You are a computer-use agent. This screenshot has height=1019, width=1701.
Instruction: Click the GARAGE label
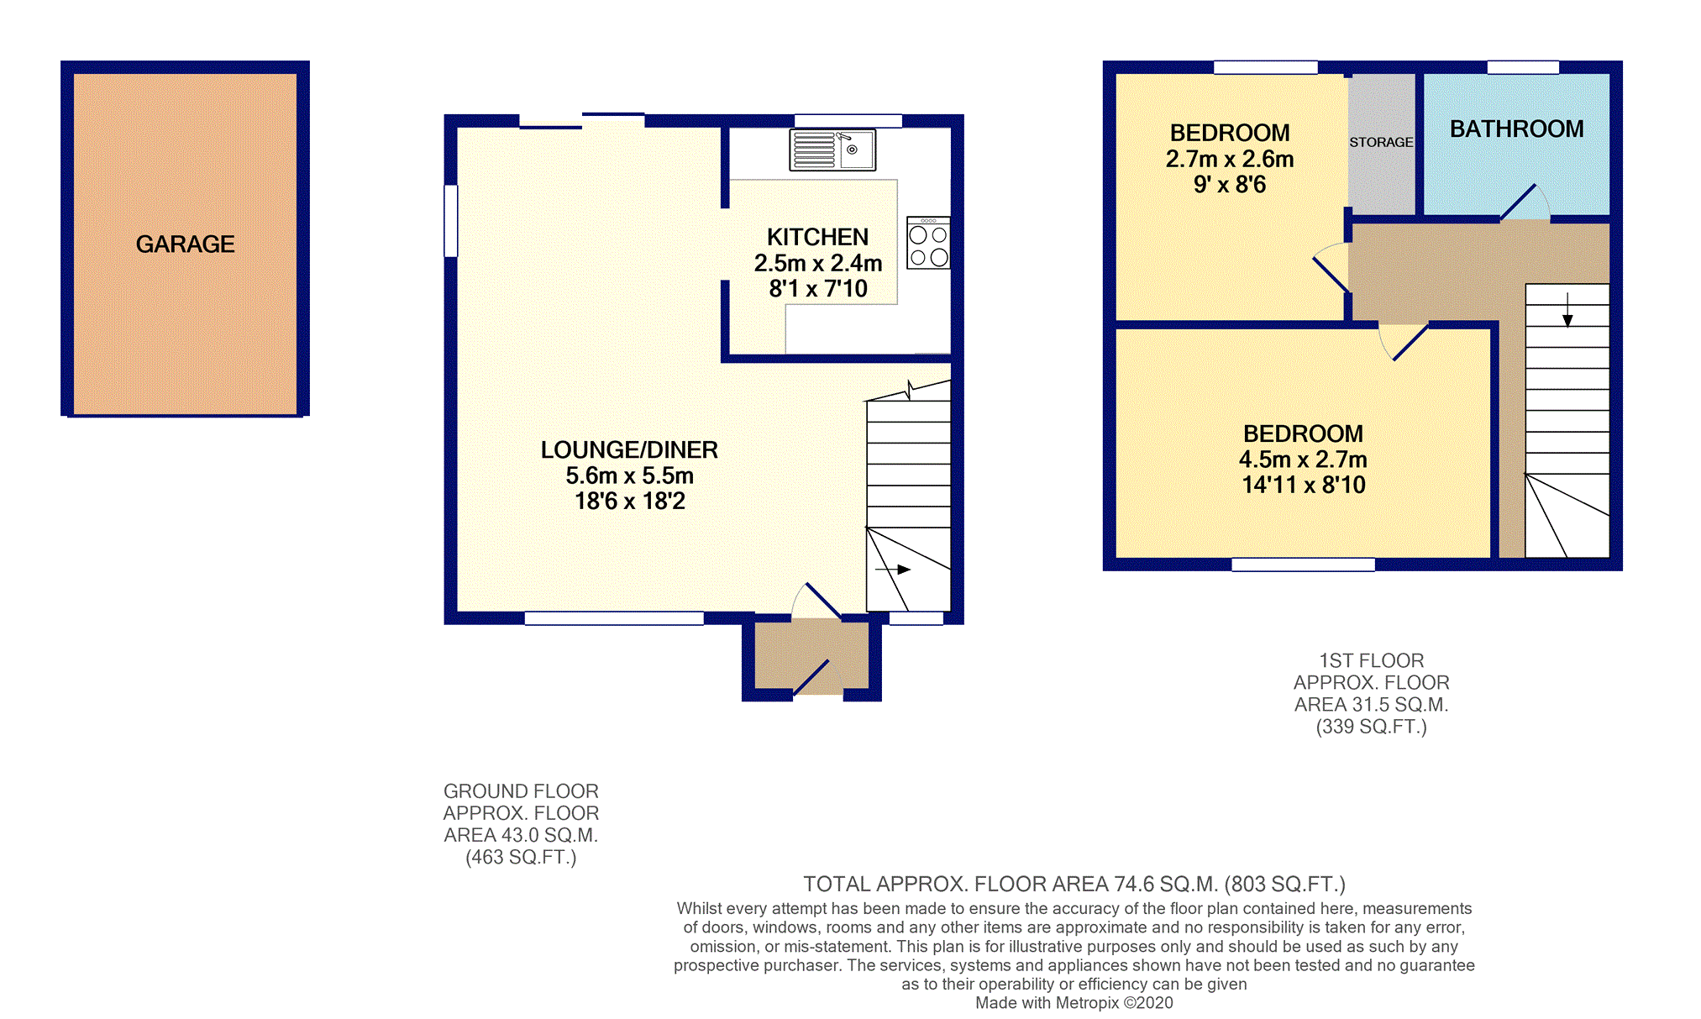click(x=185, y=244)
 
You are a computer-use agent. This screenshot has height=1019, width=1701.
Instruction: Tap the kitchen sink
click(x=832, y=150)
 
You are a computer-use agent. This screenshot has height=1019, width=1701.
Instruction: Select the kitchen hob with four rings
click(x=928, y=243)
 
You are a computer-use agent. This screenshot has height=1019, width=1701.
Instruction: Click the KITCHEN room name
click(x=817, y=237)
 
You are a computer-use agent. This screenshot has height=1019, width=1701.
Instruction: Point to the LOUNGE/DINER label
click(x=629, y=449)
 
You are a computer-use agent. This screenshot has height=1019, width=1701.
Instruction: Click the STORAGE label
click(x=1381, y=142)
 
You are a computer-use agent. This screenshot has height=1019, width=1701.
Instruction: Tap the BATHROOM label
click(x=1516, y=129)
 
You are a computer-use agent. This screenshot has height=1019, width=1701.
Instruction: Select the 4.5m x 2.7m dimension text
click(x=1303, y=460)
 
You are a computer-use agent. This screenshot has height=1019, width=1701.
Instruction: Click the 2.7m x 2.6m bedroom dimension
click(x=1230, y=159)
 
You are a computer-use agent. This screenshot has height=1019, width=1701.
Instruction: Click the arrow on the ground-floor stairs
click(x=893, y=570)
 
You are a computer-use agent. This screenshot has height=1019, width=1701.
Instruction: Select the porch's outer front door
click(x=812, y=677)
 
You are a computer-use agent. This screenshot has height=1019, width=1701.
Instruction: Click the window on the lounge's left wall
click(x=451, y=220)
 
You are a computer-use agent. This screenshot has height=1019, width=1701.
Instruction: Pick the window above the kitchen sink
click(x=848, y=121)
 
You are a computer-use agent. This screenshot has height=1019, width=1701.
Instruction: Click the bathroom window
click(x=1523, y=67)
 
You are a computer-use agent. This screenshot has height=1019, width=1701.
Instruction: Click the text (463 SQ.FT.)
click(x=521, y=858)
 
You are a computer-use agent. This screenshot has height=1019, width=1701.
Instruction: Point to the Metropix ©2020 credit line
click(x=1074, y=1003)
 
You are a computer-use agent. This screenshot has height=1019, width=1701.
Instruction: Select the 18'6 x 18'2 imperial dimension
click(x=629, y=502)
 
